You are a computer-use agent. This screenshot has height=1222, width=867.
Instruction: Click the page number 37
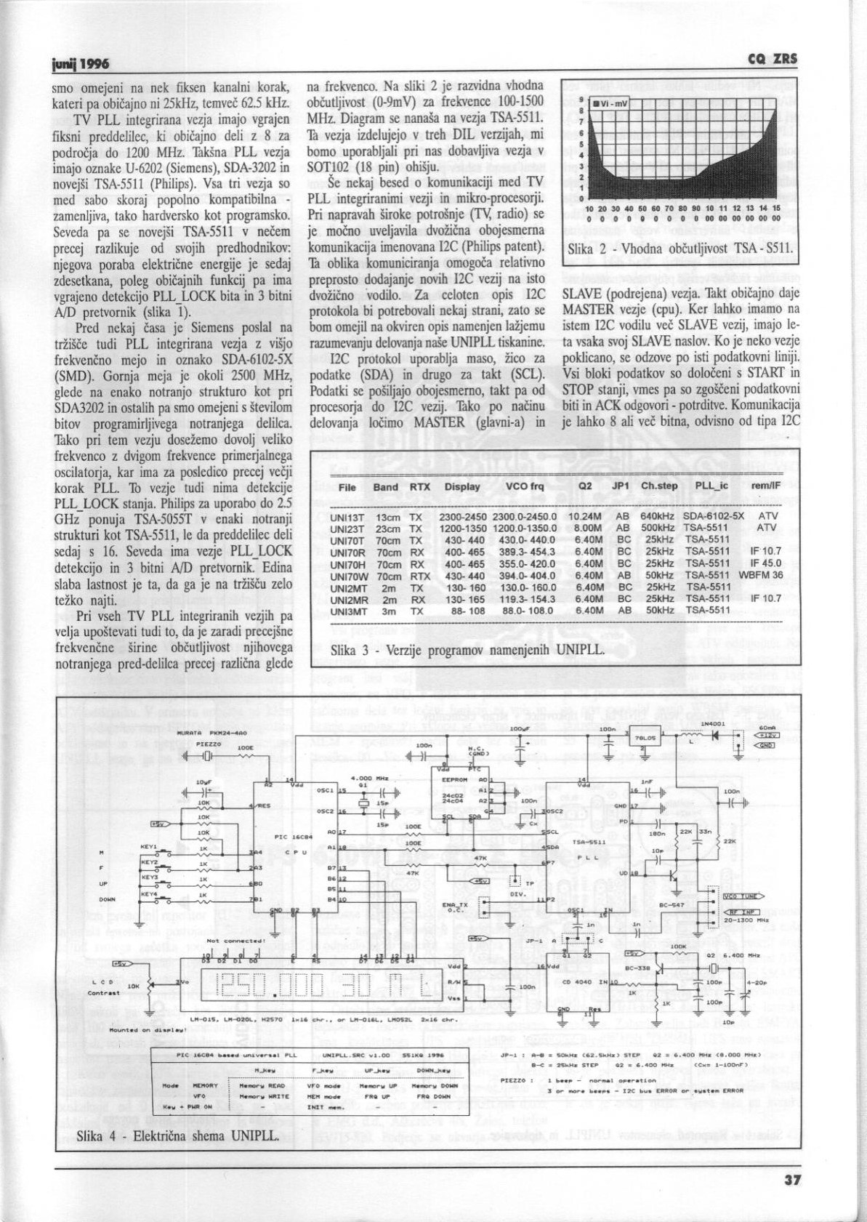793,1180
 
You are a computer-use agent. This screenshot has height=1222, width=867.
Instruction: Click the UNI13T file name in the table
347,516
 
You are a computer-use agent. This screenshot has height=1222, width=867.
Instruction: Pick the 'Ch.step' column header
658,486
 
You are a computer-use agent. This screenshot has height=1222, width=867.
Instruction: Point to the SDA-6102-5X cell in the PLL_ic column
713,516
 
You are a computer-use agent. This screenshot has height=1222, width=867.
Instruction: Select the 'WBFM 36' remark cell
760,575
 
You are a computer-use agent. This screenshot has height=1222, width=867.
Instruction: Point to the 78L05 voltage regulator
645,738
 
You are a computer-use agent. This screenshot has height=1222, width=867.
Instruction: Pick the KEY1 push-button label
148,847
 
